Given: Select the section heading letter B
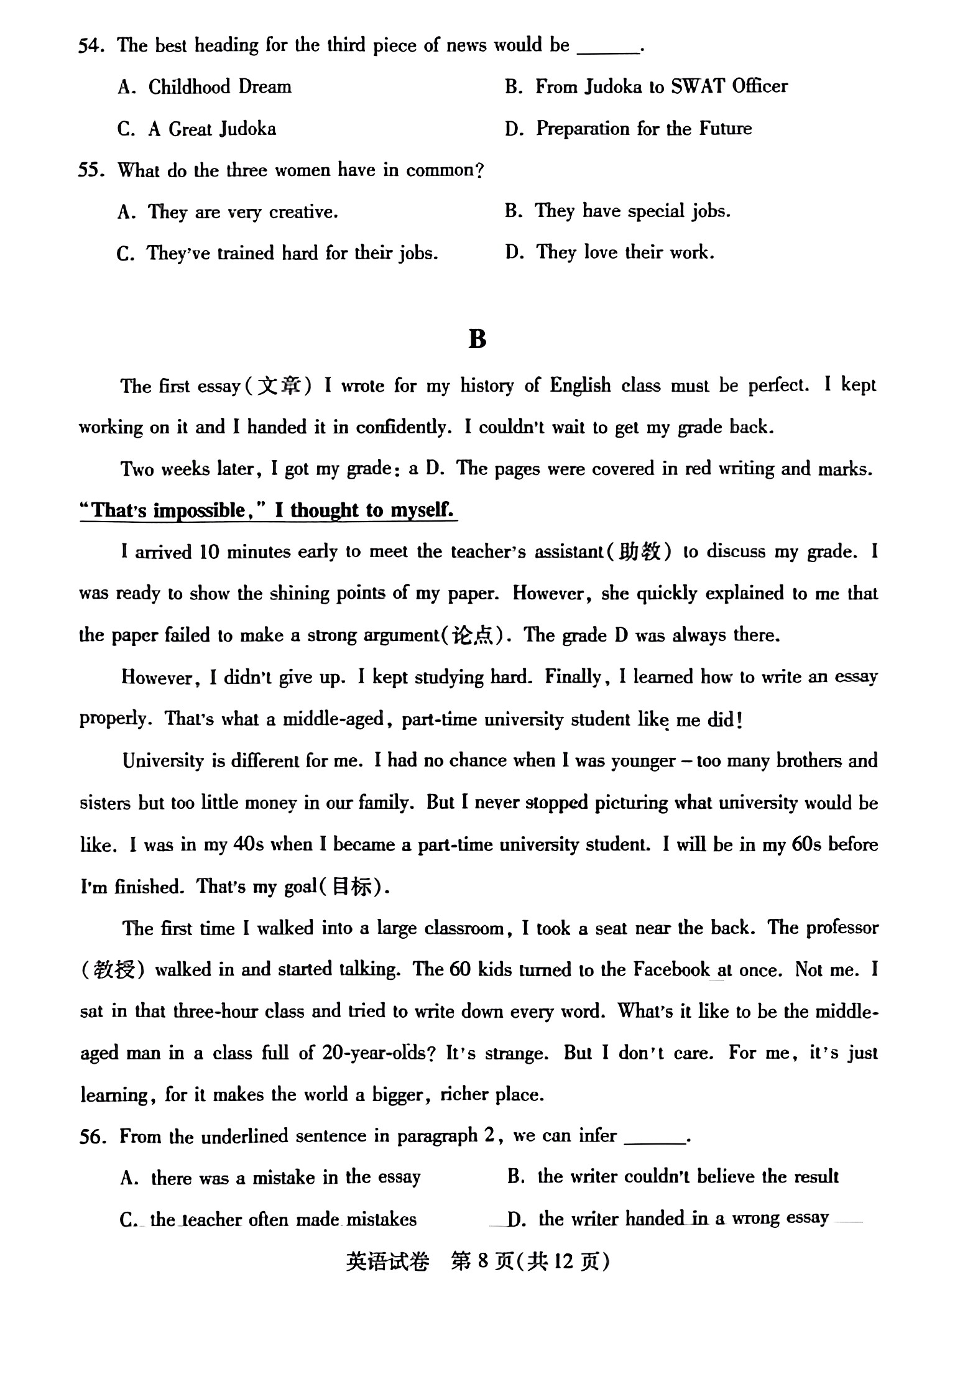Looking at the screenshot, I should [x=477, y=339].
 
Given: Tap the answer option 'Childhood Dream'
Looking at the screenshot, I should [x=219, y=87].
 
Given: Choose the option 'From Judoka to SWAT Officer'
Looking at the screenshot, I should [x=661, y=87].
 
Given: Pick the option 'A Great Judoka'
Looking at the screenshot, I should [x=211, y=129].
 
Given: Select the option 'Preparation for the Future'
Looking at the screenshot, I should [x=644, y=129].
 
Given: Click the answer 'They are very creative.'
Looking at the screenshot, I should [x=242, y=213].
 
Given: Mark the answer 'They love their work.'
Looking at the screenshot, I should [x=624, y=252].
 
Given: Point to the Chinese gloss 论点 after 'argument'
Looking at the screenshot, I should [x=473, y=635].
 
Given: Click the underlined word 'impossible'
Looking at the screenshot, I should [x=200, y=511].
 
